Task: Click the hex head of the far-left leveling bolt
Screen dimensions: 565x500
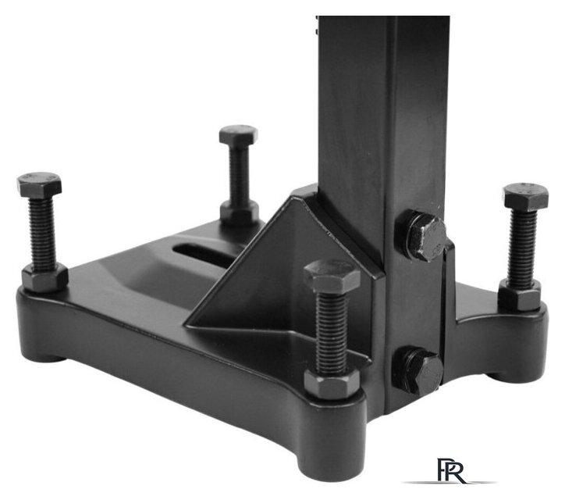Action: pyautogui.click(x=39, y=184)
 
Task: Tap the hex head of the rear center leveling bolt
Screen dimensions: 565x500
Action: pyautogui.click(x=239, y=134)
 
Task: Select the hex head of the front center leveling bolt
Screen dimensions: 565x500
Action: pyautogui.click(x=332, y=276)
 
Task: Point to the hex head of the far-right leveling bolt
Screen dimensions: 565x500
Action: pyautogui.click(x=526, y=197)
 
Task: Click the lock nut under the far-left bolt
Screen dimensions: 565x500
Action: pyautogui.click(x=44, y=278)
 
